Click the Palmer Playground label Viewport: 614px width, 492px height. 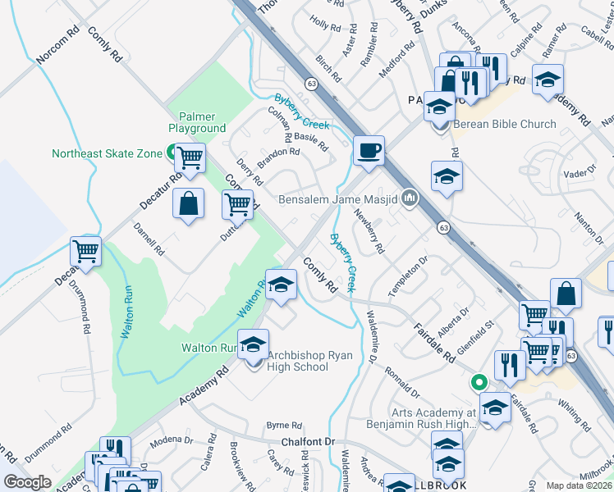pyautogui.click(x=197, y=122)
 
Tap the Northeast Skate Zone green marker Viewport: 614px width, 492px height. pyautogui.click(x=173, y=152)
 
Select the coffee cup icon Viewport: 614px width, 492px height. pyautogui.click(x=369, y=151)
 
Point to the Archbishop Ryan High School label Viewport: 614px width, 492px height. pyautogui.click(x=286, y=361)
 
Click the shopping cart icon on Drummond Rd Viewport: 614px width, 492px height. pyautogui.click(x=85, y=252)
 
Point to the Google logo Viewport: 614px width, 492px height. pyautogui.click(x=27, y=482)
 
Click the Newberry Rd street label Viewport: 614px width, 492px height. pyautogui.click(x=369, y=230)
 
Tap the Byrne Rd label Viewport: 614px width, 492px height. pyautogui.click(x=284, y=426)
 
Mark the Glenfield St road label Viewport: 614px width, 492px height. pyautogui.click(x=474, y=336)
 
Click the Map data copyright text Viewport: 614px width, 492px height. pyautogui.click(x=579, y=485)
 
